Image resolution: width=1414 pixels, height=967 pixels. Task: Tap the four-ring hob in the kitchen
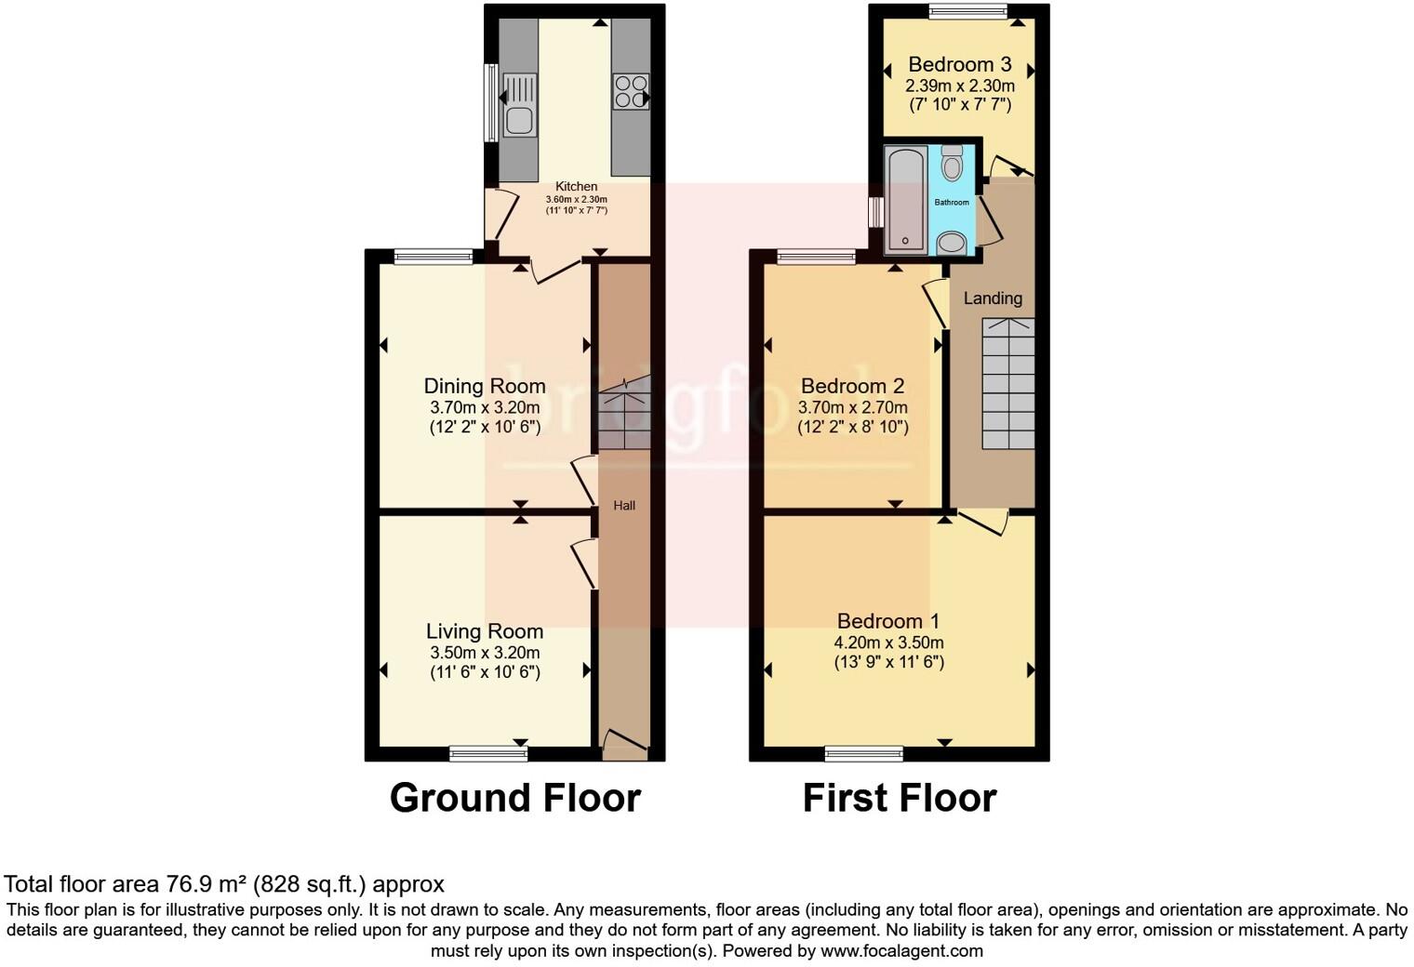pyautogui.click(x=630, y=91)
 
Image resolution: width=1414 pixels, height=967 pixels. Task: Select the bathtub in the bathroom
pyautogui.click(x=905, y=199)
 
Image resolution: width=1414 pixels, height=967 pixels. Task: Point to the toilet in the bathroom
pyautogui.click(x=952, y=165)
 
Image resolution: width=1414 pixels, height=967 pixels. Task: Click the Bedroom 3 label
pyautogui.click(x=959, y=64)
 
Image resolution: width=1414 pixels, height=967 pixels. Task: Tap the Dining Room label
pyautogui.click(x=485, y=386)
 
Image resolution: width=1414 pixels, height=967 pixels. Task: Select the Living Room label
pyautogui.click(x=485, y=631)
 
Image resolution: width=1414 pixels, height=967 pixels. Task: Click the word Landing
pyautogui.click(x=993, y=298)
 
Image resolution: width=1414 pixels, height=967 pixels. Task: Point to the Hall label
pyautogui.click(x=624, y=506)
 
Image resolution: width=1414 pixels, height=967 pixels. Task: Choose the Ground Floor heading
pyautogui.click(x=515, y=798)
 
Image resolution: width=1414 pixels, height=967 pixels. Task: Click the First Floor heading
pyautogui.click(x=900, y=798)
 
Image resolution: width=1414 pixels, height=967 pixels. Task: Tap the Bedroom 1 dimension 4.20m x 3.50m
pyautogui.click(x=888, y=642)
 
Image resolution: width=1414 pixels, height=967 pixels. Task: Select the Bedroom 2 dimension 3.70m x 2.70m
pyautogui.click(x=853, y=407)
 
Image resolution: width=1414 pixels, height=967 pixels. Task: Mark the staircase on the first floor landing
pyautogui.click(x=1008, y=383)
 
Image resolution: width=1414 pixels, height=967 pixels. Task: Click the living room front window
pyautogui.click(x=488, y=753)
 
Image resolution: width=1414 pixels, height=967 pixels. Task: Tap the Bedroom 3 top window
pyautogui.click(x=968, y=11)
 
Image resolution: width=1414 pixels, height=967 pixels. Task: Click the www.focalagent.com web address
pyautogui.click(x=901, y=951)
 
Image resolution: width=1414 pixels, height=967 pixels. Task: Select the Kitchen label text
pyautogui.click(x=577, y=187)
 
